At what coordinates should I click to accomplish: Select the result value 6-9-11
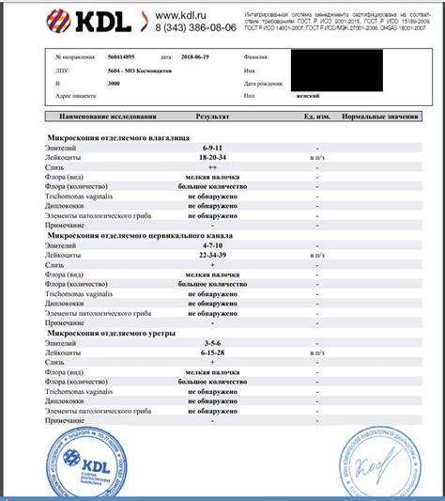[212, 149]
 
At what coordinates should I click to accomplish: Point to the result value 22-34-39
[212, 256]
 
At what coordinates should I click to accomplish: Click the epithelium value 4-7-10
[212, 245]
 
